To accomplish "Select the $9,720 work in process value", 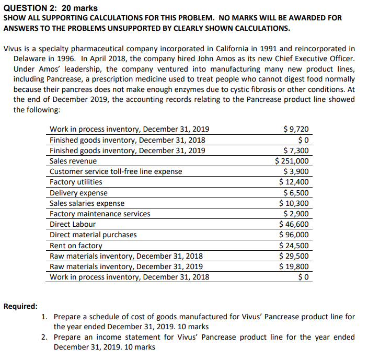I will (295, 129).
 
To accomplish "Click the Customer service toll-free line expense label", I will (116, 171).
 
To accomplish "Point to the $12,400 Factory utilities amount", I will (294, 182).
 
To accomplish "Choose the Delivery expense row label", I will (78, 193).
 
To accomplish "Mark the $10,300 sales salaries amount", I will (294, 203).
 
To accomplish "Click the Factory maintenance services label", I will (100, 214).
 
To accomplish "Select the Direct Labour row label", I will (73, 224).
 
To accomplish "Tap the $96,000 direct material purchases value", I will (294, 235).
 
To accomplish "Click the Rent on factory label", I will (76, 246).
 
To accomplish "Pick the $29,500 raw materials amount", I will (294, 256).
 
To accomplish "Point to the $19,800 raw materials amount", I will (294, 266).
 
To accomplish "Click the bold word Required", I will (20, 306).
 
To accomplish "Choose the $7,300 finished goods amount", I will (297, 150).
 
